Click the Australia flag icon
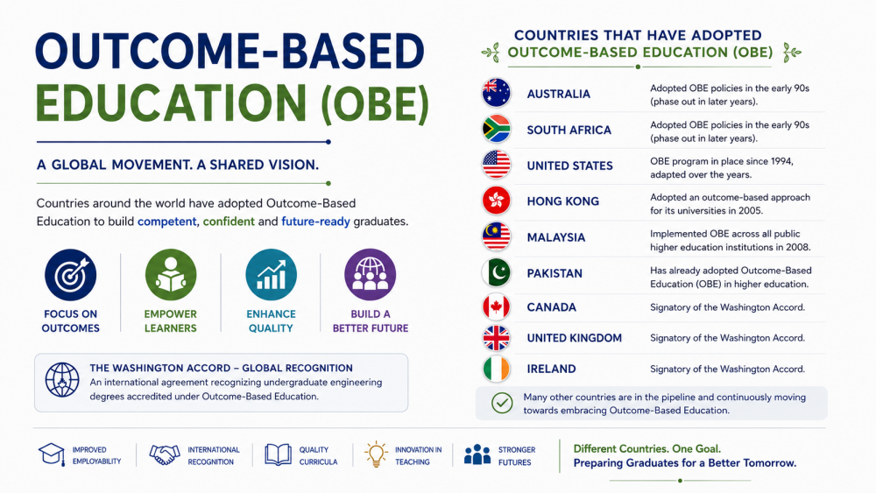pos(496,93)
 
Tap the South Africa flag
pos(496,129)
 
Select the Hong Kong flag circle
pos(496,201)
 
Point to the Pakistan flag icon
pos(496,273)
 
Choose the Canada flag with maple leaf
pos(496,307)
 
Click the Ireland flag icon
pos(496,369)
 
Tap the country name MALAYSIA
pos(556,238)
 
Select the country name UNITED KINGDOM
pos(575,338)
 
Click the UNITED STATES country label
pos(570,166)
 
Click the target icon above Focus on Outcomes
pos(70,275)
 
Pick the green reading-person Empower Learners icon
pos(171,275)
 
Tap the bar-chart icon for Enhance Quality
pos(271,275)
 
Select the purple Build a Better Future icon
pos(371,275)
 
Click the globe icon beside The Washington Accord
pos(62,380)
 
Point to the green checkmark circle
pos(502,403)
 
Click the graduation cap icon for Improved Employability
pos(52,454)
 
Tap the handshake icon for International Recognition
pos(165,454)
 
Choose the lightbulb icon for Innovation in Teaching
pos(376,454)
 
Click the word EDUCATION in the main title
pos(171,104)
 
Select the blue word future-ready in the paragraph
pos(315,222)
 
